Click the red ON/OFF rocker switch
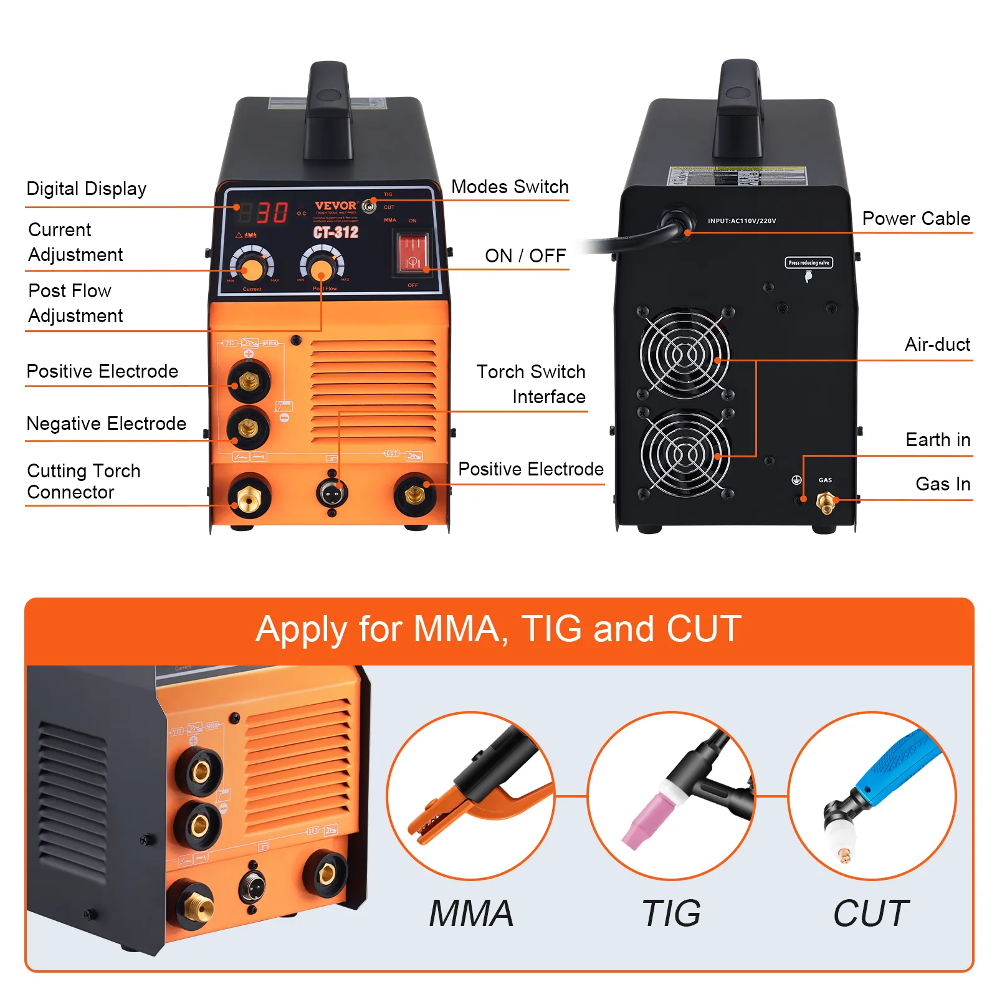pos(413,254)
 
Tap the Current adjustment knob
pos(252,269)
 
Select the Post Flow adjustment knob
pos(322,269)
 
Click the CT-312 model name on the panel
pos(335,232)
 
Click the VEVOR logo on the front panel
pos(335,205)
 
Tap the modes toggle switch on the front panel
pos(370,205)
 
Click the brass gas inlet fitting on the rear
pos(826,501)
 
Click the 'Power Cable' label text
pos(915,219)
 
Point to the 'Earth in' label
pos(937,440)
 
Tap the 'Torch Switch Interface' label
pos(531,384)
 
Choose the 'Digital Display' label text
pos(87,189)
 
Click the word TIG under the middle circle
pos(671,914)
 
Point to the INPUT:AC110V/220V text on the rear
pos(742,221)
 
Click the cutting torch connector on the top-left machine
pos(249,497)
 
